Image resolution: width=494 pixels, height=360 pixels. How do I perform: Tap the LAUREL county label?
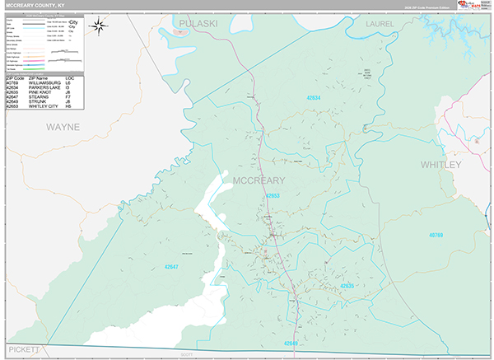click(x=380, y=25)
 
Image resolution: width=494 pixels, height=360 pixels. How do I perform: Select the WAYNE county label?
click(x=63, y=127)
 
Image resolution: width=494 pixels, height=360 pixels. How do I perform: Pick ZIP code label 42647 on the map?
click(x=170, y=266)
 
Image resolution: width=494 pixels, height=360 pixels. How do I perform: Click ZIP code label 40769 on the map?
click(x=436, y=235)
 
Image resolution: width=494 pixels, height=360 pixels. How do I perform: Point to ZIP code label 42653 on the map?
click(x=273, y=196)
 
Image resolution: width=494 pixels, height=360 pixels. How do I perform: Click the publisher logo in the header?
click(x=472, y=7)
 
